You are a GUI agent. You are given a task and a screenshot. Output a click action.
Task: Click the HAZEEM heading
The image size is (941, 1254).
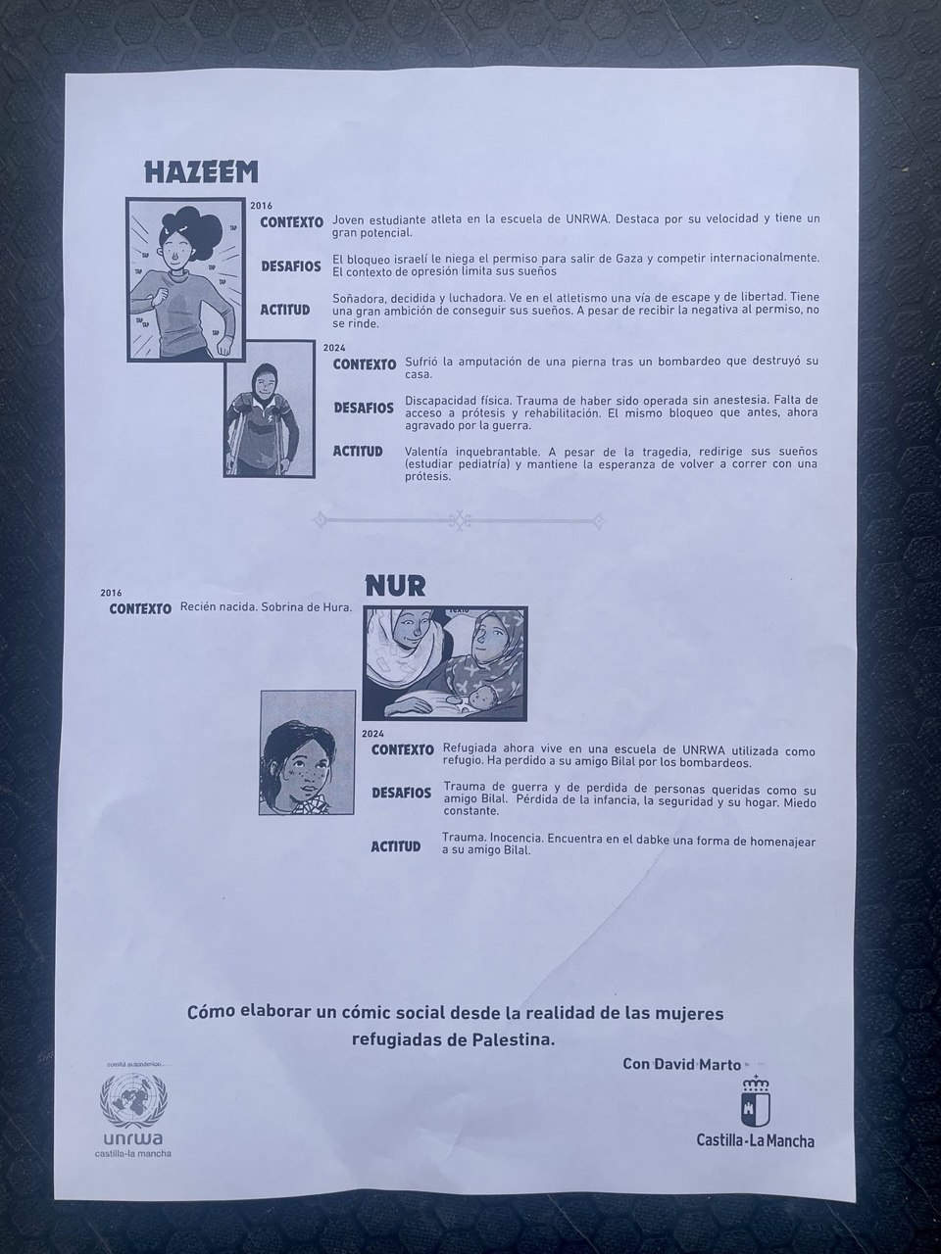click(201, 172)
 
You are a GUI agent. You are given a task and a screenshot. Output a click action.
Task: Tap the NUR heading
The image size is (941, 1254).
click(394, 586)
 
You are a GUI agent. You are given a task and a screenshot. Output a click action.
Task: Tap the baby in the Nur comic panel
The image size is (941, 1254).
click(481, 697)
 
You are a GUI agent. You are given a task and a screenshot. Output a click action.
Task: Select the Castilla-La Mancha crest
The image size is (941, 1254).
click(755, 1101)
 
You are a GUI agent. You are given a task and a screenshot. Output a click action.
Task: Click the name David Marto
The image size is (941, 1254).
click(707, 1064)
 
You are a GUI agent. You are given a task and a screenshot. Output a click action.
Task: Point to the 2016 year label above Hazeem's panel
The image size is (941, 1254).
click(261, 206)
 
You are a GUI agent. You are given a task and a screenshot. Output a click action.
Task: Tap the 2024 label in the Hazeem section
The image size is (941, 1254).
click(334, 347)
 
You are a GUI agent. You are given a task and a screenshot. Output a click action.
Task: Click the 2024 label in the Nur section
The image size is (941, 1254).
click(372, 733)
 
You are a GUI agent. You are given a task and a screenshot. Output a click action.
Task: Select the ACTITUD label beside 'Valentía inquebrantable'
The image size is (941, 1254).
click(357, 452)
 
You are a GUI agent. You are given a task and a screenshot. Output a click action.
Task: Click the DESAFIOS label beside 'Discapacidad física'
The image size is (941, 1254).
click(363, 408)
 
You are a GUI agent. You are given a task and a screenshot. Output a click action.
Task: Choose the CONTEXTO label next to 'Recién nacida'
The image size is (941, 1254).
click(140, 608)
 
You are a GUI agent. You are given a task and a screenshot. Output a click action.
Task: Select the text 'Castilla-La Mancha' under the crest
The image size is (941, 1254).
click(755, 1140)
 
